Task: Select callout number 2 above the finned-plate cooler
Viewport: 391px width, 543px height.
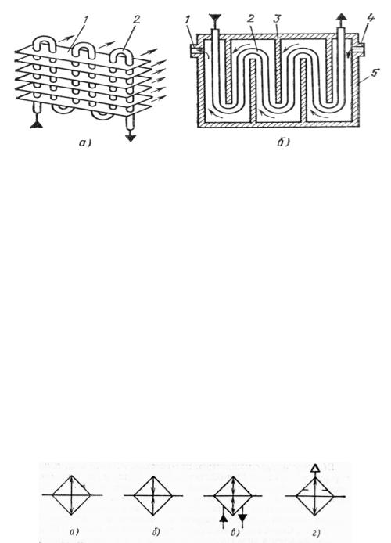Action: click(136, 20)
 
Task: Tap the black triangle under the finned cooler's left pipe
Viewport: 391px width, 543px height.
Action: click(36, 123)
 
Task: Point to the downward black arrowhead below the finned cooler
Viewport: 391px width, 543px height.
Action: click(131, 138)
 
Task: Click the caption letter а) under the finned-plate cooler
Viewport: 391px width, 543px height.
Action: click(84, 142)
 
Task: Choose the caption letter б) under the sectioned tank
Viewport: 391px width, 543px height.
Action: click(283, 142)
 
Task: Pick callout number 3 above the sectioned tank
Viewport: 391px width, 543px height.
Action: click(277, 19)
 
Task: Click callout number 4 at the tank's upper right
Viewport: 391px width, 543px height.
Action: click(370, 18)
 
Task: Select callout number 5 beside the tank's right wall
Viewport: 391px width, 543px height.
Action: click(373, 74)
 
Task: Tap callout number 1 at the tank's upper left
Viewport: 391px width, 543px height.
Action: click(187, 20)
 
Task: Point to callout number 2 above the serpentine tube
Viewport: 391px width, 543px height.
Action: click(250, 19)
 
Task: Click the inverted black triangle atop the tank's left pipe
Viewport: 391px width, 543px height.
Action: click(215, 18)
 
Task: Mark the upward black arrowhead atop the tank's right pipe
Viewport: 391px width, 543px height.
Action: click(342, 17)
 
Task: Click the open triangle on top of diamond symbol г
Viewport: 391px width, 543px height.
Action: click(314, 468)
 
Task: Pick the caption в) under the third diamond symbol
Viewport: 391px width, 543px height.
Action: click(235, 533)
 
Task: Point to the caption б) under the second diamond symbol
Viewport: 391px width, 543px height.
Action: click(156, 531)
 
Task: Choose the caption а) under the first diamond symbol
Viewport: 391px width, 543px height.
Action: click(74, 531)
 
